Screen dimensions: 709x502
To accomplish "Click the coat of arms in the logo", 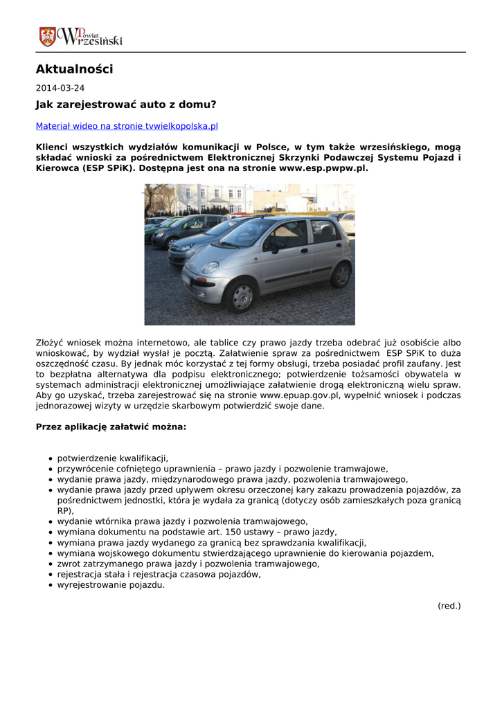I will click(x=48, y=37).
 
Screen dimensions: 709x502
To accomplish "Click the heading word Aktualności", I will click(x=74, y=69).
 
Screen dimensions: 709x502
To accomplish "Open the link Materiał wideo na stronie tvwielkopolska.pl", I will click(x=127, y=126).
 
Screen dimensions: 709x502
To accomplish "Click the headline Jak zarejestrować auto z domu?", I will click(x=126, y=105).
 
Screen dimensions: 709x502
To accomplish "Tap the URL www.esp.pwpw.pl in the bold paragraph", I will click(x=323, y=168).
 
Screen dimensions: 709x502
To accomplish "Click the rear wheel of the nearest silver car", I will click(x=340, y=275).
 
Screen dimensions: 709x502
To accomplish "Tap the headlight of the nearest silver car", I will click(x=210, y=267).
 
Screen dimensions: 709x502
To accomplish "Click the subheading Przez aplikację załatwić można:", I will click(x=111, y=427).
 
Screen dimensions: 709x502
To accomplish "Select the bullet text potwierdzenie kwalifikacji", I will click(x=112, y=458).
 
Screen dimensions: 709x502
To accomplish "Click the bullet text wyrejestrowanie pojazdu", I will click(x=111, y=584).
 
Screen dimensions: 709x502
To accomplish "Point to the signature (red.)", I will click(x=449, y=606).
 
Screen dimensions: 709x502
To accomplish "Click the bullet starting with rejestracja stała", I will click(x=159, y=574).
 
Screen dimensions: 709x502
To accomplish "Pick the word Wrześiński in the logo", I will click(x=93, y=41).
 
